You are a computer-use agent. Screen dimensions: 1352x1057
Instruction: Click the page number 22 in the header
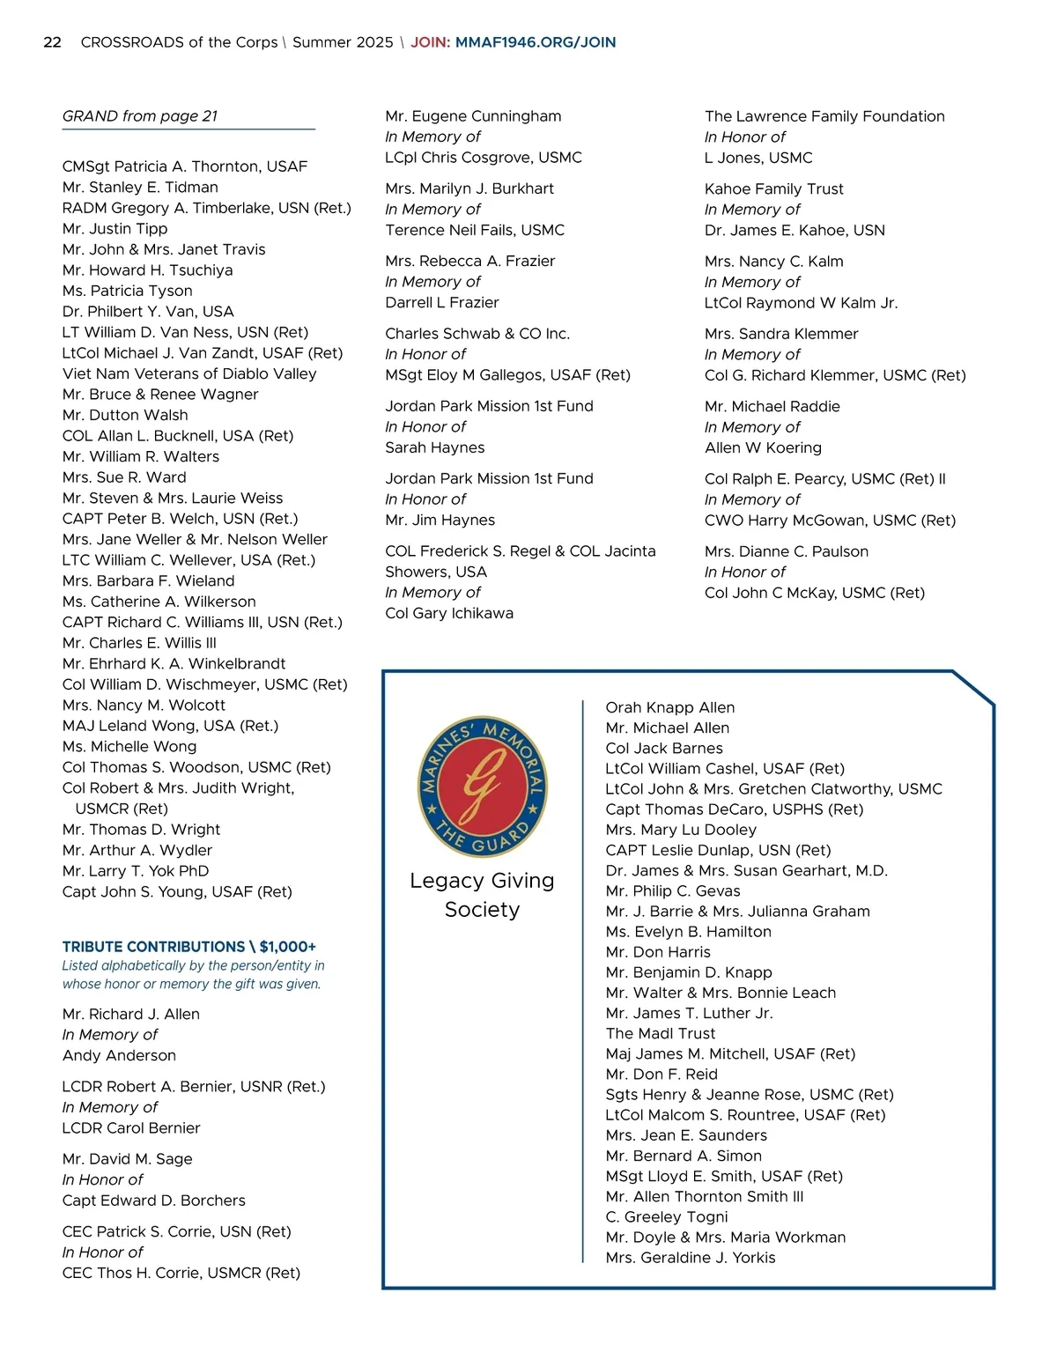pos(53,42)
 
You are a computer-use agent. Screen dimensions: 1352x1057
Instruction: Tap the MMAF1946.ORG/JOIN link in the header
pos(536,42)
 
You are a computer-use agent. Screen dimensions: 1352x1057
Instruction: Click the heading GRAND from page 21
pos(140,116)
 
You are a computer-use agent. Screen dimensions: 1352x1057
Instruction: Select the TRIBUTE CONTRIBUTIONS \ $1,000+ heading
pos(188,947)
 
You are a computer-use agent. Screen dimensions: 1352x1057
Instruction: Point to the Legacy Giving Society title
pos(482,895)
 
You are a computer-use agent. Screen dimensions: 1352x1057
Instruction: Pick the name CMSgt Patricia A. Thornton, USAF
pos(185,166)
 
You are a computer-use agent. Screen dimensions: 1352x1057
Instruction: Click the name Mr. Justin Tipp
pos(115,229)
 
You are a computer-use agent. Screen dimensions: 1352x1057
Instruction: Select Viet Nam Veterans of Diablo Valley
pos(189,373)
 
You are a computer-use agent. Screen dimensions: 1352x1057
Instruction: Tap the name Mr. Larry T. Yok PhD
pos(136,871)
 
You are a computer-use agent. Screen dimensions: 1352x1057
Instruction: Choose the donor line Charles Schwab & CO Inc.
pos(477,334)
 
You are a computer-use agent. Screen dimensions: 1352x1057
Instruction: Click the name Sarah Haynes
pos(435,447)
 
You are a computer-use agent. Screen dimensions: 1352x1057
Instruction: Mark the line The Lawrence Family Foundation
pos(824,116)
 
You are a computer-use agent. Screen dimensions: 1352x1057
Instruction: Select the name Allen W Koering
pos(763,447)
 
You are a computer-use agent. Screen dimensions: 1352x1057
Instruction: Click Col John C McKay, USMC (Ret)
pos(815,593)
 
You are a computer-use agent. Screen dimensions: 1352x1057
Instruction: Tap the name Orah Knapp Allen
pos(670,707)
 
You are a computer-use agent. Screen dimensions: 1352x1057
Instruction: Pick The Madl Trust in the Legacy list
pos(661,1033)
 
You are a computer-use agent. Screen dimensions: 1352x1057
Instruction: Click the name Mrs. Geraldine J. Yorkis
pos(691,1258)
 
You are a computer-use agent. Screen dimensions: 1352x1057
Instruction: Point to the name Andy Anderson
pos(119,1055)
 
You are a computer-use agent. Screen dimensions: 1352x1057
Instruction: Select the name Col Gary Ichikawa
pos(449,613)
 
